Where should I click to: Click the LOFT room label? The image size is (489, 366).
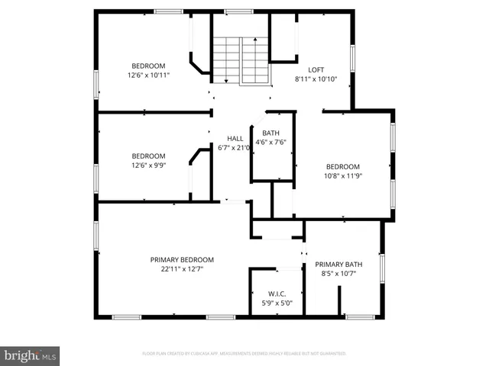click(316, 69)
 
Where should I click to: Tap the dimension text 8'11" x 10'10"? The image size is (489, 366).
click(316, 79)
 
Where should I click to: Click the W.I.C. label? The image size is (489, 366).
click(276, 294)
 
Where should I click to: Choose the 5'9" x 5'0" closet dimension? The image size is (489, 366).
click(276, 303)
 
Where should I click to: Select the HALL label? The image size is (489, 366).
click(235, 138)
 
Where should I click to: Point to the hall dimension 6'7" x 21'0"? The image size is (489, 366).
click(235, 148)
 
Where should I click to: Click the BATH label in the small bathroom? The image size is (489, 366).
click(270, 133)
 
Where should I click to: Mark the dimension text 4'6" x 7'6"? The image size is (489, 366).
click(270, 142)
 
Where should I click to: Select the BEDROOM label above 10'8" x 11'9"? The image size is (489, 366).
click(343, 166)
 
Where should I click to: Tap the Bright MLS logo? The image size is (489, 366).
click(31, 355)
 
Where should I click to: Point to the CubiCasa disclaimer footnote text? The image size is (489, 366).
click(244, 354)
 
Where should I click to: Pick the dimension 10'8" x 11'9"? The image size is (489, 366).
click(343, 175)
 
